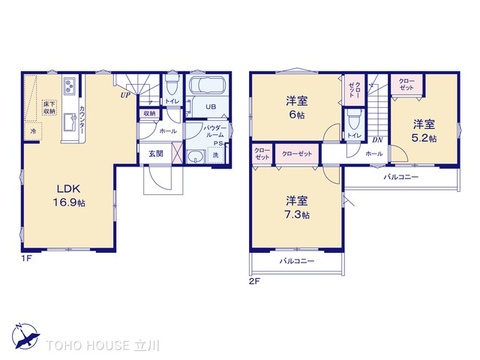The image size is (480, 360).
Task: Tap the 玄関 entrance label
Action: point(158,153)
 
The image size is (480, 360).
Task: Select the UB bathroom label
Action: point(211,108)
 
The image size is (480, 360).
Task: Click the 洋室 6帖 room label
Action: point(297,106)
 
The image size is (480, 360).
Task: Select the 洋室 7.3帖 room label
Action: point(297,205)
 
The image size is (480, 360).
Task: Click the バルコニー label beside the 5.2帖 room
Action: point(401,177)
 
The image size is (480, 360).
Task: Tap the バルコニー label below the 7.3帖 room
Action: point(297,260)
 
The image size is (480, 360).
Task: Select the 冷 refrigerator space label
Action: point(32,130)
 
